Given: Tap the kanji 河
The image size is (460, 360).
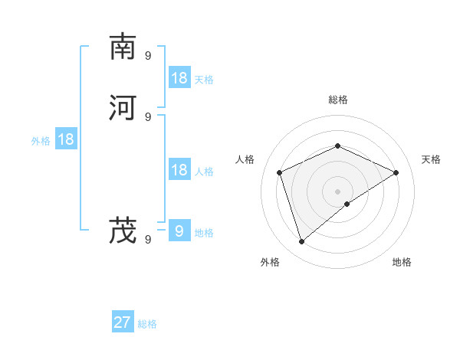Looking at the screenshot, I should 123,107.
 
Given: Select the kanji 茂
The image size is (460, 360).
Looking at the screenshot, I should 123,230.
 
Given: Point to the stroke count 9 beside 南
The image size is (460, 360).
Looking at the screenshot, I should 148,55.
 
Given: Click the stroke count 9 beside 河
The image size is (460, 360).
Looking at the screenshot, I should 148,116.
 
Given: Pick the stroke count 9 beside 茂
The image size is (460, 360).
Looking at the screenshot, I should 148,240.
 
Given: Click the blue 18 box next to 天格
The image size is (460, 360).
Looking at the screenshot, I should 179,78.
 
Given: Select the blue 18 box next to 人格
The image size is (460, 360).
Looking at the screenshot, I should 179,170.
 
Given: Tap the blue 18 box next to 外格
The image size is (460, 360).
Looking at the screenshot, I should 66,139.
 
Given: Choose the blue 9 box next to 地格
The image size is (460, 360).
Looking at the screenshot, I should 179,231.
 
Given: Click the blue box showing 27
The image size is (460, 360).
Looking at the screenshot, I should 123,322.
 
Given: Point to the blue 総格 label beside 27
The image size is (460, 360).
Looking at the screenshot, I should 147,324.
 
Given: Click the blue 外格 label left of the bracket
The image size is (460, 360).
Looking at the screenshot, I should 41,141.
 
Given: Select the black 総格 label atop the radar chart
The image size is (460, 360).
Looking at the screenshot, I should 338,100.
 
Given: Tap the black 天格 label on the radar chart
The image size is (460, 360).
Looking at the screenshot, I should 432,159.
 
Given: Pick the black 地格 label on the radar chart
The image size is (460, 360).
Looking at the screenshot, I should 402,262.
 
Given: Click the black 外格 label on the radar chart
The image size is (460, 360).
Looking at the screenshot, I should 270,262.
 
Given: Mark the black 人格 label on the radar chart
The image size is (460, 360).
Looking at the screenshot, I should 245,159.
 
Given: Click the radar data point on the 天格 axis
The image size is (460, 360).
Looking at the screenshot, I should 396,172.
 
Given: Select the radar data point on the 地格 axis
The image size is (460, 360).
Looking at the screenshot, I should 347,204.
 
